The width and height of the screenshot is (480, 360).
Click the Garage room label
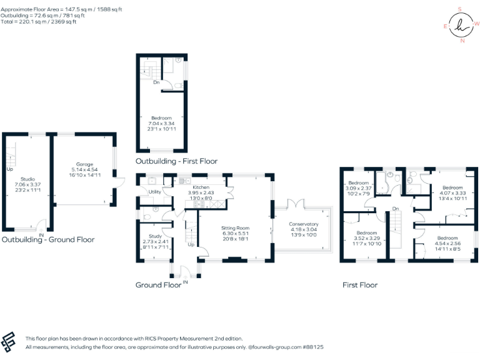[84, 164]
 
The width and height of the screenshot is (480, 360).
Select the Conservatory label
[303, 224]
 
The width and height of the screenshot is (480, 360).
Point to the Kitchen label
[201, 187]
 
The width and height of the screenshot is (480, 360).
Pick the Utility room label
[154, 192]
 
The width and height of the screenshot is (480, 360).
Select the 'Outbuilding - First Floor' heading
[176, 161]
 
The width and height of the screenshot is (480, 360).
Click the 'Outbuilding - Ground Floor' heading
[47, 239]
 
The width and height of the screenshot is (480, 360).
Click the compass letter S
[460, 9]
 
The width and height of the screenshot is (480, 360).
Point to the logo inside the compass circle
[461, 26]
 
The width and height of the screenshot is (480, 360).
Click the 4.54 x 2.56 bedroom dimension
[447, 244]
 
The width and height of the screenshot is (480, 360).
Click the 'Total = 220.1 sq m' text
[39, 22]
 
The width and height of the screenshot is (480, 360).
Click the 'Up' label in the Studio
[9, 169]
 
